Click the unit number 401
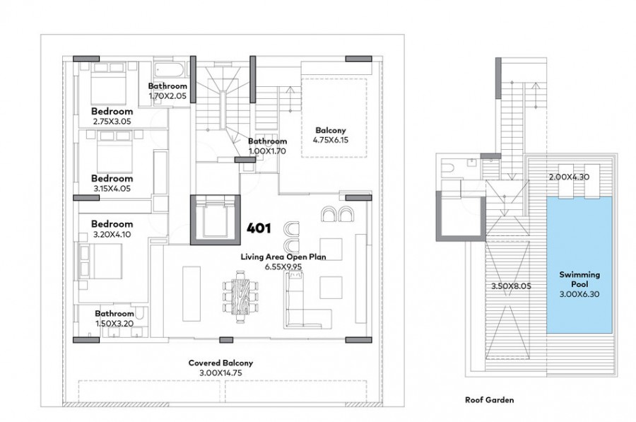tap(258, 229)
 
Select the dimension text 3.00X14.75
tap(220, 372)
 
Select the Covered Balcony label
tap(220, 363)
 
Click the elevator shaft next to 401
tap(213, 218)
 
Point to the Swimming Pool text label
tap(579, 278)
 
